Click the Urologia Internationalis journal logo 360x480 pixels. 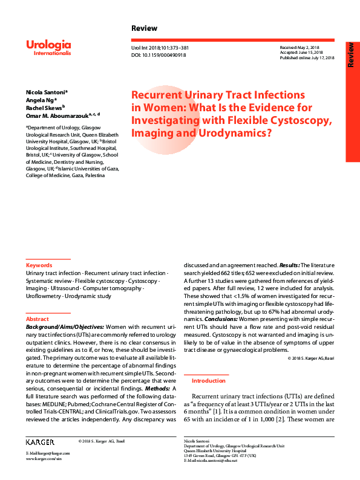click(x=48, y=48)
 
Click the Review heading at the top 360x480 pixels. click(x=144, y=28)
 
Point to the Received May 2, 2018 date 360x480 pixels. click(x=299, y=47)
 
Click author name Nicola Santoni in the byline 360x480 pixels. click(x=46, y=92)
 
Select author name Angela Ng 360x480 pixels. click(x=41, y=100)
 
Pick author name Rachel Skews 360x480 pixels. click(x=44, y=107)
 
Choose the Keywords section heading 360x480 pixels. click(x=39, y=265)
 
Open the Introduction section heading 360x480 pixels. click(x=208, y=381)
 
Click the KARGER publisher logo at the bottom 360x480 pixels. click(x=40, y=443)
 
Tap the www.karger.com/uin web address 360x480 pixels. click(x=44, y=459)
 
